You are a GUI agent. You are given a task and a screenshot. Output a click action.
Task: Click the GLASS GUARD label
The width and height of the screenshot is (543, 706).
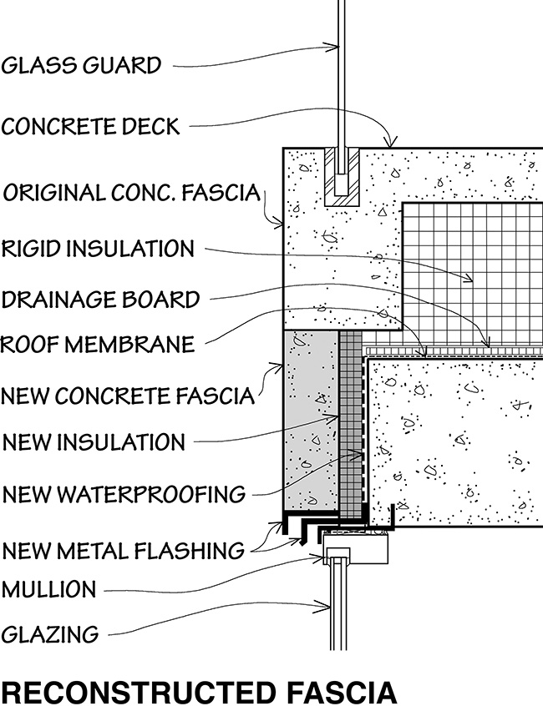(x=81, y=65)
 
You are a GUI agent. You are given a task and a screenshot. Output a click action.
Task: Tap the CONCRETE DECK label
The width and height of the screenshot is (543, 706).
(x=90, y=127)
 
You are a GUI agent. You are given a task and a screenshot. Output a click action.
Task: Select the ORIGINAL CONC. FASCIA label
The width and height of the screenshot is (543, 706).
(x=132, y=194)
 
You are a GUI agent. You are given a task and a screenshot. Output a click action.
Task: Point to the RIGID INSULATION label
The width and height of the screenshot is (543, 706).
(x=99, y=248)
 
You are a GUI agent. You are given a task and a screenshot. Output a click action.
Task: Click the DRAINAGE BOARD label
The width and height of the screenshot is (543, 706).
(x=100, y=298)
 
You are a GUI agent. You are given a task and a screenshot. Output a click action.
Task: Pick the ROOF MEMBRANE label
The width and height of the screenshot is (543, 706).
(x=98, y=344)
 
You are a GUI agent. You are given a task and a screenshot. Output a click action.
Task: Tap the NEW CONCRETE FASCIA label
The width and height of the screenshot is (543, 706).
(x=127, y=395)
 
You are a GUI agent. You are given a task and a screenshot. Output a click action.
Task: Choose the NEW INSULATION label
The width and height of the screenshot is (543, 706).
(x=94, y=441)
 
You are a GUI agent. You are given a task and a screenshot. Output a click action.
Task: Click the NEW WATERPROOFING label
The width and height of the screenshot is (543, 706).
(x=124, y=494)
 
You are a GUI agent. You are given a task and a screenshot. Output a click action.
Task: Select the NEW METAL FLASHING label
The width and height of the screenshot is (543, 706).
(x=124, y=551)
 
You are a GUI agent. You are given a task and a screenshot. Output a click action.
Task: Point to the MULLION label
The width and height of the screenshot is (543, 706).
(x=49, y=590)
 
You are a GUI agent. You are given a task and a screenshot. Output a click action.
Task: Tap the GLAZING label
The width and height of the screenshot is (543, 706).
(x=50, y=634)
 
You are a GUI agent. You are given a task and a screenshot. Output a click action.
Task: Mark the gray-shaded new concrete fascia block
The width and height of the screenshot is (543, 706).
(x=310, y=421)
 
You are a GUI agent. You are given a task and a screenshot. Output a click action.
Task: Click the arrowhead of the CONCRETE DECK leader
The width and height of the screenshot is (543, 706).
(x=393, y=148)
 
